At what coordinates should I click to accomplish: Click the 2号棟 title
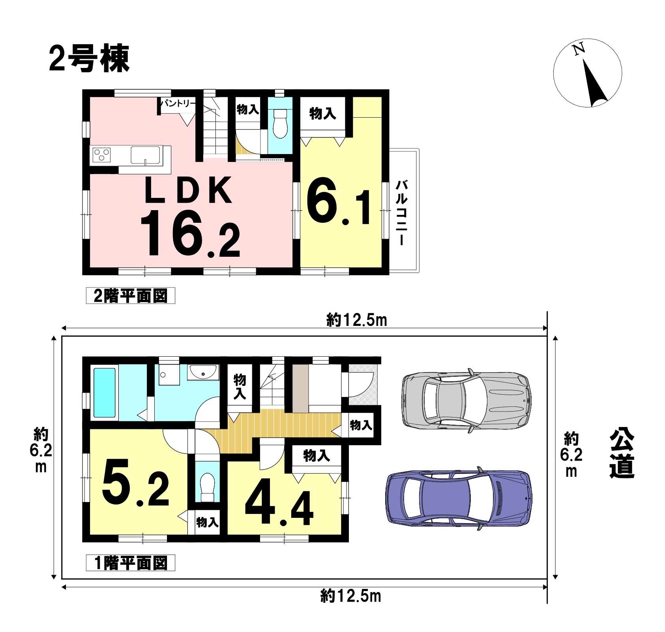pos(89,59)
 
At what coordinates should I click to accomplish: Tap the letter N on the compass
pos(579,49)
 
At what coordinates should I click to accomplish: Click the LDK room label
pos(188,191)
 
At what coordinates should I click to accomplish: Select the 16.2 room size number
pos(190,234)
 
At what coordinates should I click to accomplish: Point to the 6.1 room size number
pos(339,208)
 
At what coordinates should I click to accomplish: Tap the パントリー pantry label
pos(178,103)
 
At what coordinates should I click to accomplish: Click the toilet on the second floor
pos(280,124)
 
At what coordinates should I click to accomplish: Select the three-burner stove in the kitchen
pos(102,154)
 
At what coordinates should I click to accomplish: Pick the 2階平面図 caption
pos(130,296)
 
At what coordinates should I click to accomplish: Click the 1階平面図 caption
pos(130,563)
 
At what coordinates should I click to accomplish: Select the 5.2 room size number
pos(135,483)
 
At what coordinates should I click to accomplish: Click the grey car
pos(466,400)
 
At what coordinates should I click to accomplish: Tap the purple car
pos(458,498)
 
